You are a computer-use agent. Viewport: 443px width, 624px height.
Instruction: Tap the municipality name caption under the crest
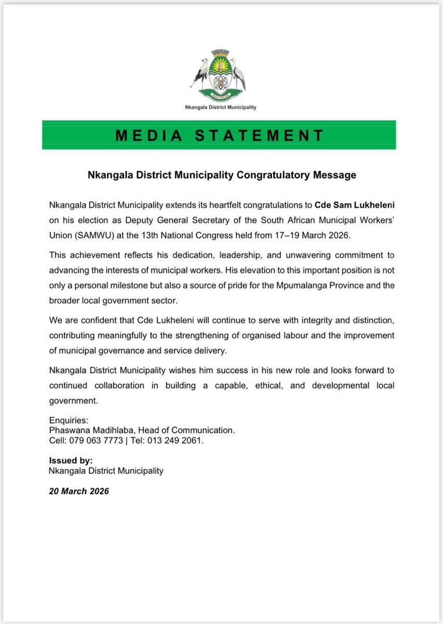(x=221, y=108)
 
